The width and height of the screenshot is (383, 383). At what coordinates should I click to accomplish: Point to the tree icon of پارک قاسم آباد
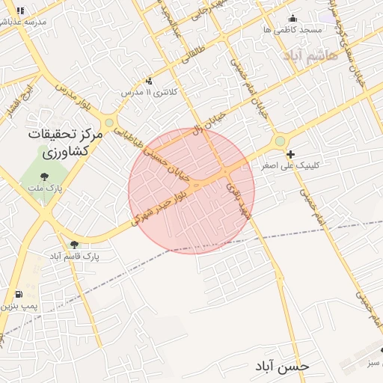point(73,245)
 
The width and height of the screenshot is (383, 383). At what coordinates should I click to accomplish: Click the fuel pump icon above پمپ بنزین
point(18,295)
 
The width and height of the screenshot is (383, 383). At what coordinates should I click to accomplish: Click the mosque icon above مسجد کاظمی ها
point(292,19)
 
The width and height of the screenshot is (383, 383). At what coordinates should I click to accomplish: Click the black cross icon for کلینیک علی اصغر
point(290,154)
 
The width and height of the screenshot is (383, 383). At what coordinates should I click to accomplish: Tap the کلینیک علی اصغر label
point(290,165)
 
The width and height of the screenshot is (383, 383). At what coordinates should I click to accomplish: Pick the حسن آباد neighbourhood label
point(281,366)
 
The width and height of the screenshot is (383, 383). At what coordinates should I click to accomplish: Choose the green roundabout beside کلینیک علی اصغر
point(280,141)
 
